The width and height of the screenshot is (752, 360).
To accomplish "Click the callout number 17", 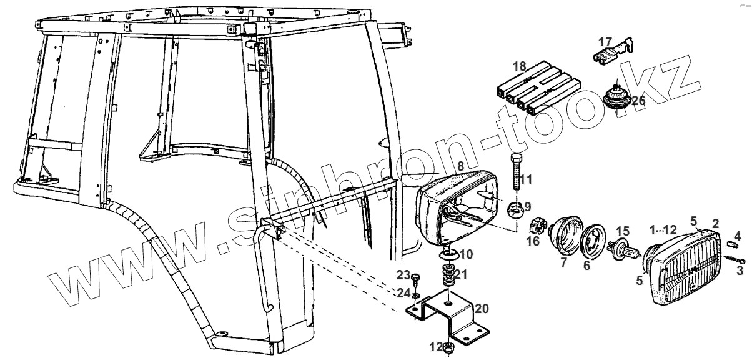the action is (x=606, y=42).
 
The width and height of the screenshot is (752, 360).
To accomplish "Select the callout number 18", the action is (x=520, y=66).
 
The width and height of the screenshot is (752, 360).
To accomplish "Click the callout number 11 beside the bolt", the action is (x=525, y=180).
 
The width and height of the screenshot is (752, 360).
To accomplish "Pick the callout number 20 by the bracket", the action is (x=482, y=309).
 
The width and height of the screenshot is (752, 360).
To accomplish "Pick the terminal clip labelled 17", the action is (x=613, y=54).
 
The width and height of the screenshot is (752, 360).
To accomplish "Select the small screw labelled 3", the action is (x=736, y=258).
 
